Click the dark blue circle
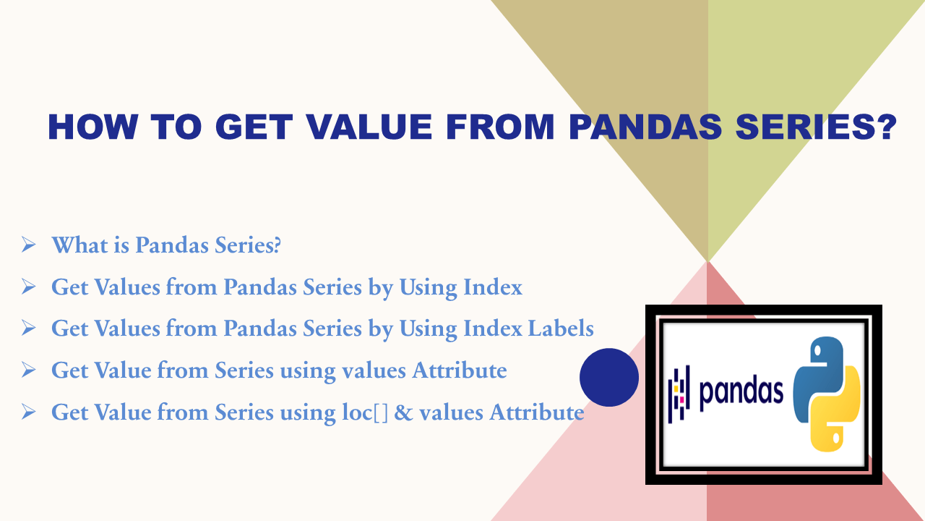click(x=609, y=377)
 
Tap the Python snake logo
click(x=827, y=394)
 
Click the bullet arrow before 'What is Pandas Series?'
click(x=29, y=245)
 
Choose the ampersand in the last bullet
click(x=404, y=412)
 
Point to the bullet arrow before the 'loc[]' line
click(x=29, y=412)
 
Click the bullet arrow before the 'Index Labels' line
click(x=29, y=329)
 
